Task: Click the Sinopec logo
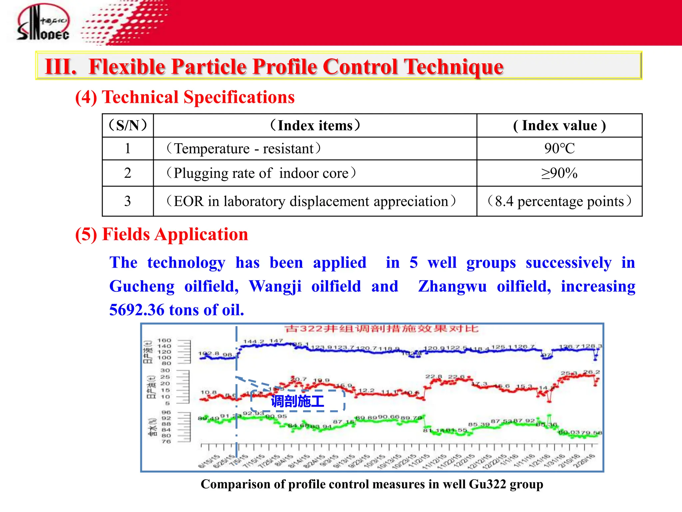(x=43, y=23)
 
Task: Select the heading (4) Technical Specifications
(x=185, y=97)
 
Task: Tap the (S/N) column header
(x=128, y=126)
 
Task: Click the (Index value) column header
(x=559, y=126)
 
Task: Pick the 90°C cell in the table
(x=559, y=149)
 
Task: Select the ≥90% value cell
(x=559, y=173)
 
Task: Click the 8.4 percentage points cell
(x=559, y=201)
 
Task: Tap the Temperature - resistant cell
(x=244, y=149)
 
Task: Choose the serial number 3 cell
(x=128, y=201)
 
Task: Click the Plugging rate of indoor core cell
(x=261, y=173)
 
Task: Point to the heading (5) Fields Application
(x=162, y=234)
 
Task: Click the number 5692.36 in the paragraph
(x=137, y=310)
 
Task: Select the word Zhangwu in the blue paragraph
(x=452, y=286)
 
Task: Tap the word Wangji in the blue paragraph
(x=275, y=286)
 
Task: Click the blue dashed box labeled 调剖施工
(x=297, y=401)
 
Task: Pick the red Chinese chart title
(x=382, y=329)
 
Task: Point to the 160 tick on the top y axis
(x=164, y=340)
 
